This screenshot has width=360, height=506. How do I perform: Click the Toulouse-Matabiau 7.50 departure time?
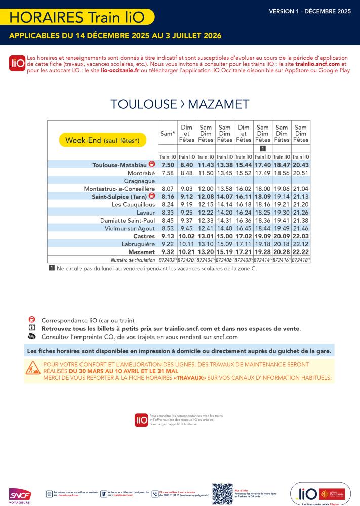(x=167, y=165)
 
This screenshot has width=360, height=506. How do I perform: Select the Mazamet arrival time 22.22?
(x=301, y=251)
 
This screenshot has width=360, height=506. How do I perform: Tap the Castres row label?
(x=144, y=236)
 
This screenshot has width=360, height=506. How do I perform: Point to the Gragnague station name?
(x=139, y=180)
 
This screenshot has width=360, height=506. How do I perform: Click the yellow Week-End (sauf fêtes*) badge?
(x=102, y=140)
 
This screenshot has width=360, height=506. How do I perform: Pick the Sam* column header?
(x=167, y=134)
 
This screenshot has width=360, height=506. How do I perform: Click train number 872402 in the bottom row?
(x=167, y=260)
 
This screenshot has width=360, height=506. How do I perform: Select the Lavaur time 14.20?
(x=224, y=212)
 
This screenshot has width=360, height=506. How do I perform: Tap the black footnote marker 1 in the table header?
(x=263, y=148)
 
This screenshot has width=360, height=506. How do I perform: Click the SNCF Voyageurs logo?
(x=20, y=495)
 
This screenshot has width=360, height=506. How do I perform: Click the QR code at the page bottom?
(x=222, y=494)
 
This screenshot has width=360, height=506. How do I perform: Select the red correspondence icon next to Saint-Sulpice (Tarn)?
(x=151, y=196)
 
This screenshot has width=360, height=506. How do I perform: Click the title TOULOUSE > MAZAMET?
(x=180, y=104)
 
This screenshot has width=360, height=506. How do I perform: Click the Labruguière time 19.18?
(x=263, y=244)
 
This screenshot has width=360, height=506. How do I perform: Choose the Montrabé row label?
(x=141, y=173)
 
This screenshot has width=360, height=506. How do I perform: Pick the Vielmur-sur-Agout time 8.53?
(x=167, y=228)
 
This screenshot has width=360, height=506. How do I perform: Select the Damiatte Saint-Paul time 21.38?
(x=301, y=220)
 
